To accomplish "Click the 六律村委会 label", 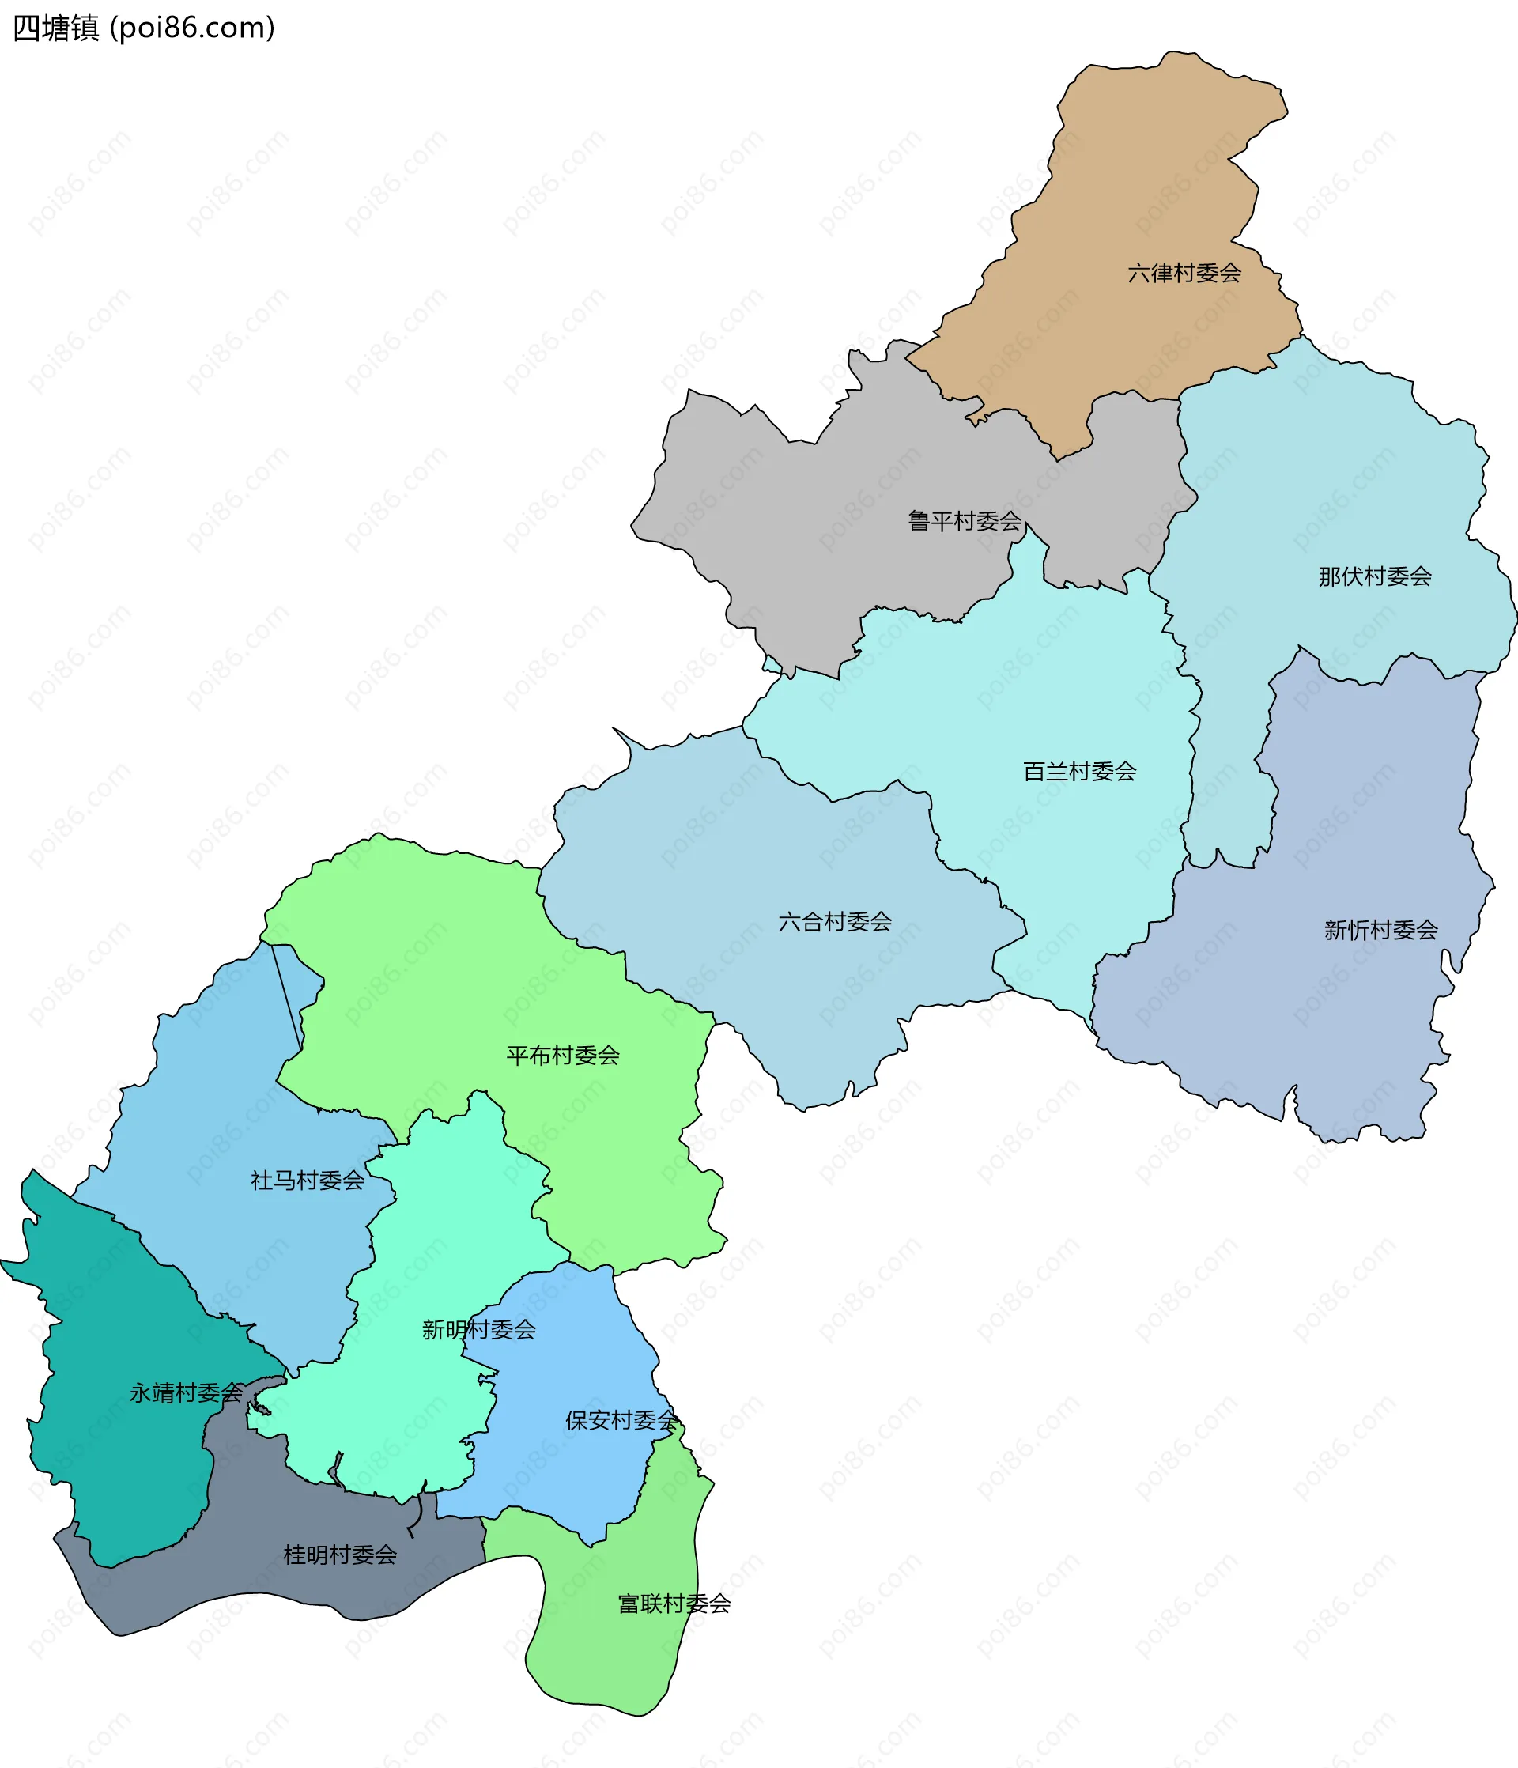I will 1184,273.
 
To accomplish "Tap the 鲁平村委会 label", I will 965,520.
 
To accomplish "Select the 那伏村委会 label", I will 1375,577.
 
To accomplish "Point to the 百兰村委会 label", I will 1079,772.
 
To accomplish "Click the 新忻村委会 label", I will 1380,929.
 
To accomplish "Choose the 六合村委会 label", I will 835,921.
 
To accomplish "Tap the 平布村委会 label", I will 562,1056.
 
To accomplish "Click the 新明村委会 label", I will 478,1329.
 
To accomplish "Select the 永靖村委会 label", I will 186,1393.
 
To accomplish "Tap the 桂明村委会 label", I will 340,1555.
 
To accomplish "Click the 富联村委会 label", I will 674,1604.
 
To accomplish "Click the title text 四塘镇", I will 56,28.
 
